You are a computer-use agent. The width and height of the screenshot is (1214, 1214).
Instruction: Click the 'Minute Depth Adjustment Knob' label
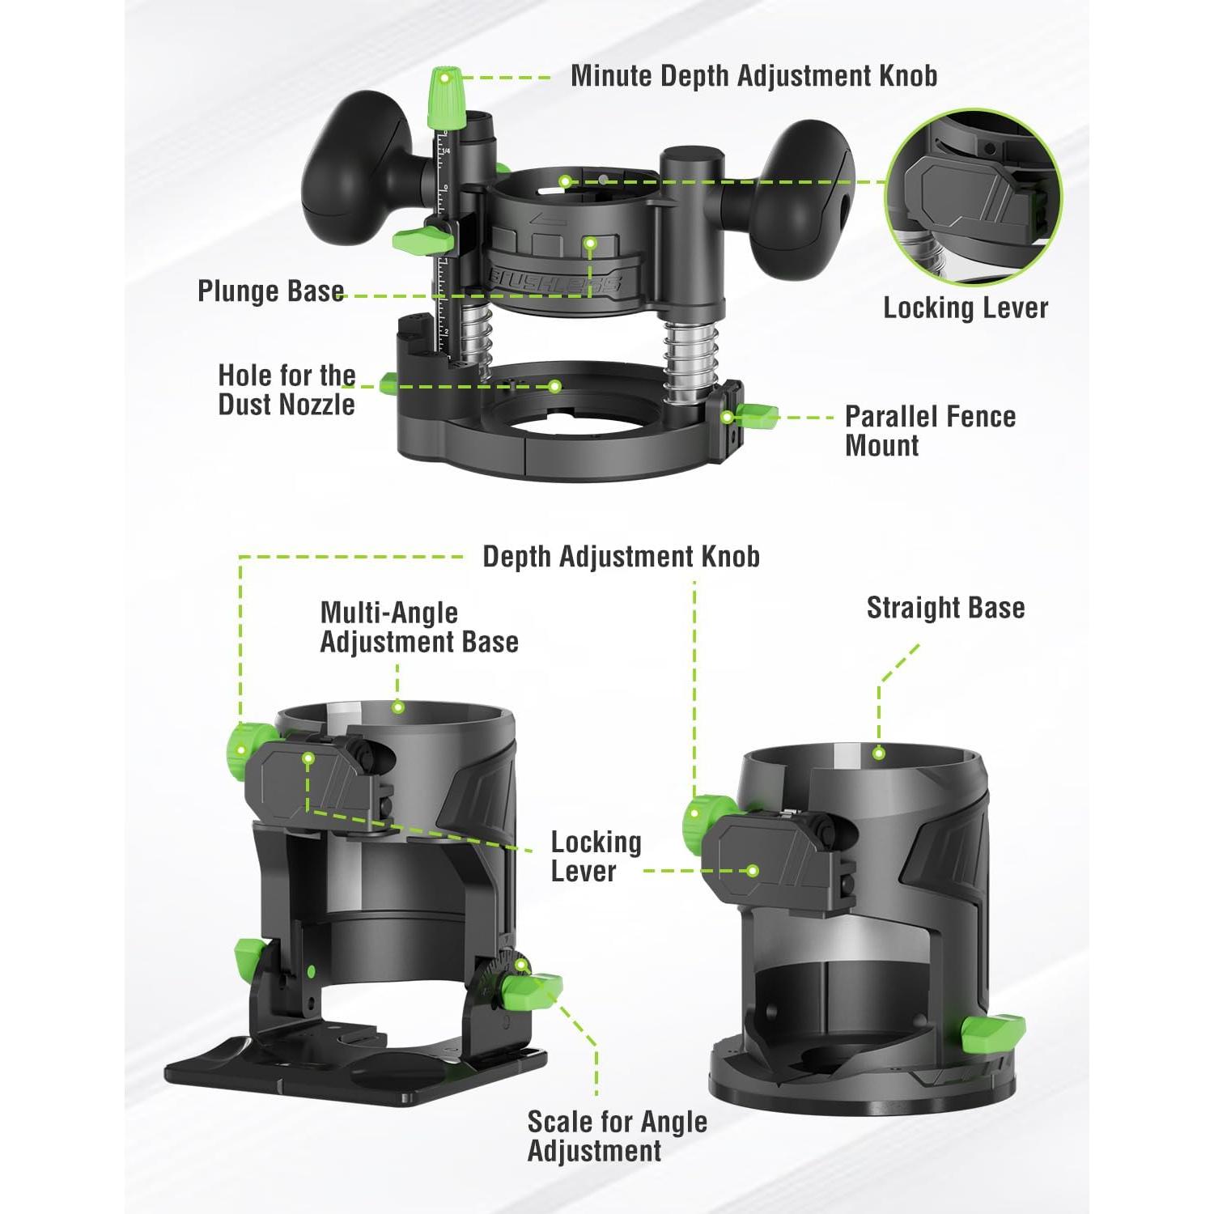[753, 76]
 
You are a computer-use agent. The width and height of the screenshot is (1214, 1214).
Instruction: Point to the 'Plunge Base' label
[271, 291]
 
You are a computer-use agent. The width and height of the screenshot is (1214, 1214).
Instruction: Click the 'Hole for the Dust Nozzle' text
[287, 389]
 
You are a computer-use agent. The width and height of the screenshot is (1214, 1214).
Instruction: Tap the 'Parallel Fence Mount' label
[930, 431]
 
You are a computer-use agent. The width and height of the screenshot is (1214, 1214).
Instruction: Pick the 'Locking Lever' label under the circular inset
[966, 308]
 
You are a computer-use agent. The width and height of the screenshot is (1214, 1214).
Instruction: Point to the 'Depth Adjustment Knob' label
[621, 557]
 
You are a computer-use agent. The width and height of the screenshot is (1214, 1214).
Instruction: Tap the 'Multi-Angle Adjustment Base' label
[419, 627]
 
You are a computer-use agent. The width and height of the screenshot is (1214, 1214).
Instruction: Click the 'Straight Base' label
[945, 608]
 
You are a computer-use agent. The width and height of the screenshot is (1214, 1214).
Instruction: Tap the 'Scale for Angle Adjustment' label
[617, 1136]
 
